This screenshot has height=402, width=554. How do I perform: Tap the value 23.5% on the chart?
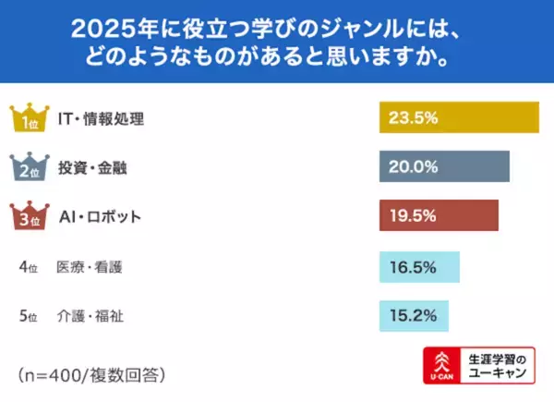pos(412,117)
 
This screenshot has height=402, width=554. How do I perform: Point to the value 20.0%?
pos(412,167)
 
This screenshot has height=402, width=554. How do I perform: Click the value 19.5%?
pos(412,216)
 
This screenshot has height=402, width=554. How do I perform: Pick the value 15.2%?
pos(412,316)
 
